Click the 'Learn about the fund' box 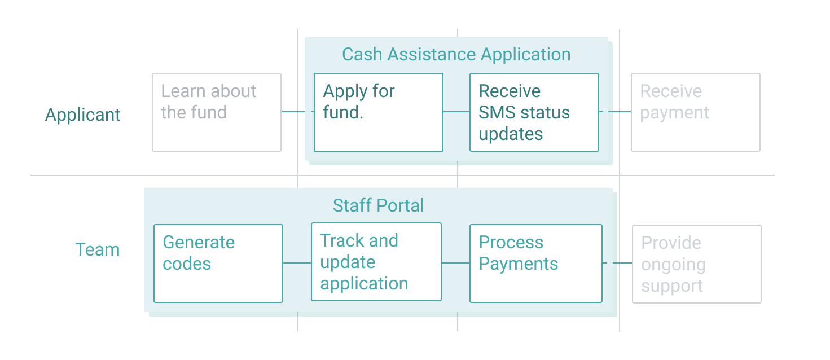(x=217, y=112)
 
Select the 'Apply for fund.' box (x=378, y=112)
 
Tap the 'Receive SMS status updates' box (x=534, y=112)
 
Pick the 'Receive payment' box (x=695, y=112)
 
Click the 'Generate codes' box (x=218, y=264)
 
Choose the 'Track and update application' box (x=376, y=262)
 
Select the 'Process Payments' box (x=535, y=264)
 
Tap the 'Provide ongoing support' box (x=696, y=264)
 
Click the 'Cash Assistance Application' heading (x=456, y=55)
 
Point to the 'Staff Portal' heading (x=378, y=205)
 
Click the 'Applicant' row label (x=83, y=115)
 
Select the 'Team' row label (x=97, y=249)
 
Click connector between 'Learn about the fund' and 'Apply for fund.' (x=297, y=112)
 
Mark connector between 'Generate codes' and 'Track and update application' (x=297, y=263)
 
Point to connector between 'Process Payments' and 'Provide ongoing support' (x=617, y=263)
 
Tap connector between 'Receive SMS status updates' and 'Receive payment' (x=615, y=112)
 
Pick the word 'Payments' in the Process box (x=518, y=264)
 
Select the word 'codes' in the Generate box (x=187, y=264)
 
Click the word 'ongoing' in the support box (x=673, y=265)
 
